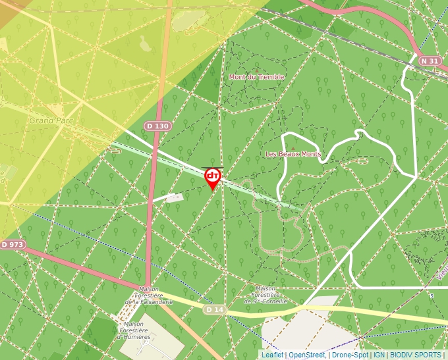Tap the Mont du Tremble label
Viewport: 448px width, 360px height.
pyautogui.click(x=256, y=77)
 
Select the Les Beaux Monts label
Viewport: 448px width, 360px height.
pyautogui.click(x=293, y=154)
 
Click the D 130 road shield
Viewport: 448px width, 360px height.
pyautogui.click(x=158, y=126)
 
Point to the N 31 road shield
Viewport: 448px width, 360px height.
pyautogui.click(x=430, y=61)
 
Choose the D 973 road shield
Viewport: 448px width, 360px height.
pyautogui.click(x=13, y=245)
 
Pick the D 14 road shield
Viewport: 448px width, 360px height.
pyautogui.click(x=215, y=309)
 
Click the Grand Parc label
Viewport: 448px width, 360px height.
pyautogui.click(x=51, y=121)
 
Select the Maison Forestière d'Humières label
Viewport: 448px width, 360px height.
pyautogui.click(x=134, y=330)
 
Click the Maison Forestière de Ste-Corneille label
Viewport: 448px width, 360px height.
pyautogui.click(x=266, y=294)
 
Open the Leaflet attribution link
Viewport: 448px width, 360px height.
pyautogui.click(x=271, y=355)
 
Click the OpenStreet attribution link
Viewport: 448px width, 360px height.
pyautogui.click(x=306, y=355)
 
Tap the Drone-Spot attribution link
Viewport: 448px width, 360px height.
pyautogui.click(x=350, y=355)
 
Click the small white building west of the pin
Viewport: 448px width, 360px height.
pyautogui.click(x=175, y=197)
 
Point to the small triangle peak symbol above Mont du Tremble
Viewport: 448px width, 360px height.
pyautogui.click(x=256, y=69)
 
